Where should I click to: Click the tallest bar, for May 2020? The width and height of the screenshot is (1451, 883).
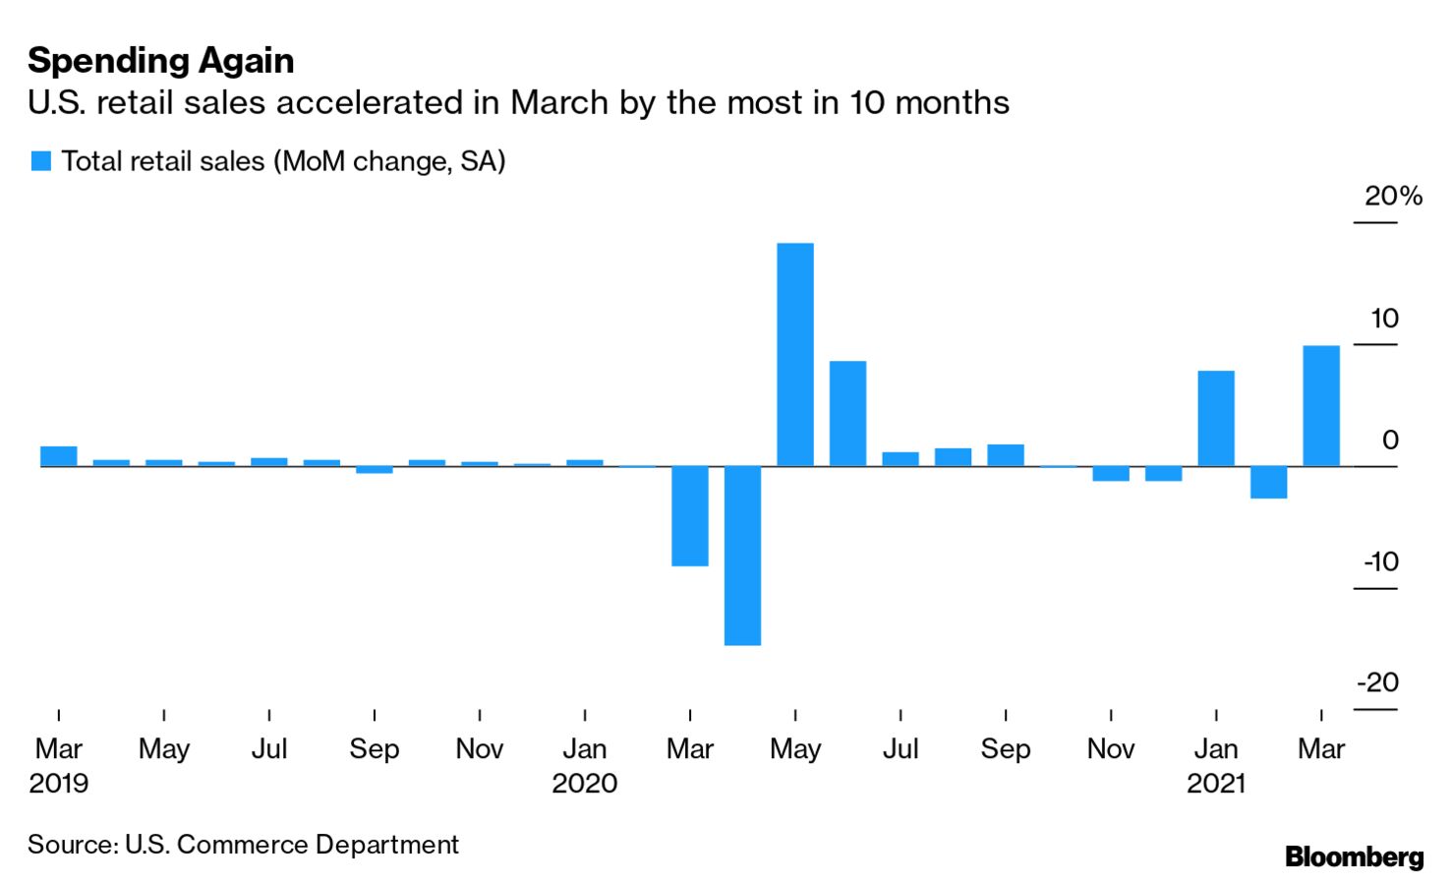point(794,354)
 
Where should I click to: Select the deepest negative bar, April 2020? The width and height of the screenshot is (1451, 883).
point(742,556)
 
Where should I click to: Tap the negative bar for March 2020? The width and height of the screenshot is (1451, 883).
point(689,516)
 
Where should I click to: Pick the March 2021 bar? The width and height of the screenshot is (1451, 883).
point(1320,405)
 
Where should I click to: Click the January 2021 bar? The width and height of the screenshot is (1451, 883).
point(1215,418)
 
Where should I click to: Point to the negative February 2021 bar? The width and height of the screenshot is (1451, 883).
point(1268,482)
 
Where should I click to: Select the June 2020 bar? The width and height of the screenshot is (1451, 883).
point(847,413)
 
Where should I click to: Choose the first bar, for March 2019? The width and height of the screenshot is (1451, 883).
point(59,455)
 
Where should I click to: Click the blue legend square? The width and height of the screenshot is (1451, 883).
point(41,161)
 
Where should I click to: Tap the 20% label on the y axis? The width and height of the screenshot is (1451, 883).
point(1392,197)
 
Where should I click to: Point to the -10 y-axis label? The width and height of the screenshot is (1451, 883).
point(1380,561)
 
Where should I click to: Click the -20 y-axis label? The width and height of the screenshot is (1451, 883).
point(1377,682)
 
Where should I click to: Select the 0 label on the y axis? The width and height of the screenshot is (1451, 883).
point(1389,440)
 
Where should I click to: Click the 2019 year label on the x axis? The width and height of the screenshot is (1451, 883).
point(59,784)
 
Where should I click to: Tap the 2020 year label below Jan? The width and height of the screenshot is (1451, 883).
point(584,784)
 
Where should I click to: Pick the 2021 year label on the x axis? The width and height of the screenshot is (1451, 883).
point(1215,784)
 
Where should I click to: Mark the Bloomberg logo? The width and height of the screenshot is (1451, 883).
point(1354,856)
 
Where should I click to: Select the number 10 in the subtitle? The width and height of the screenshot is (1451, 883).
point(867,102)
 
